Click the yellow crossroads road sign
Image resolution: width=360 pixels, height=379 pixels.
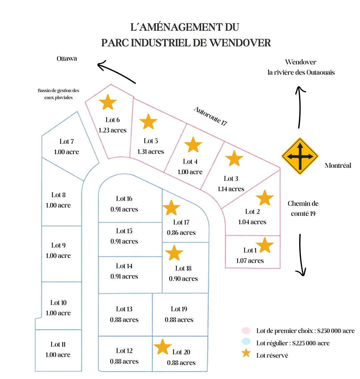point(300,156)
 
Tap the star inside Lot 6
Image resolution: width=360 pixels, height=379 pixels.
point(108,102)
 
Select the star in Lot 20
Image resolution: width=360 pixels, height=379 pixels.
point(163,347)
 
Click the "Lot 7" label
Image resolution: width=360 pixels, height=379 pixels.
point(67,141)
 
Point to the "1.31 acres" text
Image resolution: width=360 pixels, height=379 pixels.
point(151,151)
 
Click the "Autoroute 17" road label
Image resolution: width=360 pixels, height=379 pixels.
point(210,116)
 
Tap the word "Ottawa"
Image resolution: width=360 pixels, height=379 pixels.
point(67,58)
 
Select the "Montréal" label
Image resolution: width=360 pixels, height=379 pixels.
point(338,165)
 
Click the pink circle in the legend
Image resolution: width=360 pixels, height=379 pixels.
point(246,331)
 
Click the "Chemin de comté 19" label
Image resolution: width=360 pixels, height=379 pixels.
point(303,209)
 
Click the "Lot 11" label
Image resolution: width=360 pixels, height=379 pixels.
point(58,344)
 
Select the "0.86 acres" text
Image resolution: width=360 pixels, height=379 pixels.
point(181,233)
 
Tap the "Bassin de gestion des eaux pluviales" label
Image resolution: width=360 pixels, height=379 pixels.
point(58,94)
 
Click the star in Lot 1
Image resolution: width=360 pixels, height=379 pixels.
point(265,245)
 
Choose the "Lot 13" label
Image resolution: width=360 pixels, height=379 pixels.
point(124,309)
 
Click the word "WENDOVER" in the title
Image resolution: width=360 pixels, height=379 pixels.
point(240,43)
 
